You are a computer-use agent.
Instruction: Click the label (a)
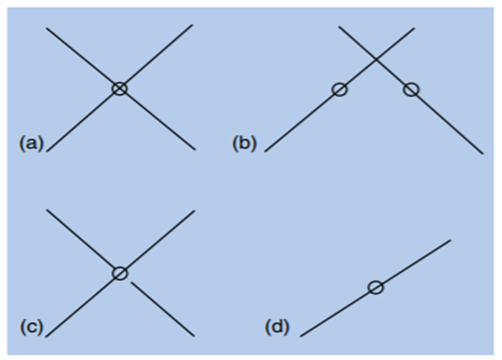click(x=31, y=142)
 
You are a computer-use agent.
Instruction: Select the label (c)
click(x=31, y=326)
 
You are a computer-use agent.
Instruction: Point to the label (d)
click(x=277, y=326)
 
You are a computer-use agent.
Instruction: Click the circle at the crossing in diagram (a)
click(x=119, y=88)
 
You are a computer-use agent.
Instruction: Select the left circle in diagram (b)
click(x=340, y=89)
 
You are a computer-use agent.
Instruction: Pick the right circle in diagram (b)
click(x=411, y=89)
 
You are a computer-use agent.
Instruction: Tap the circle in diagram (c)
click(x=120, y=273)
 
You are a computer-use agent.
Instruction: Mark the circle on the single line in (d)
click(x=376, y=287)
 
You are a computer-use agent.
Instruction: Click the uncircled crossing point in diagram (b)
click(x=375, y=59)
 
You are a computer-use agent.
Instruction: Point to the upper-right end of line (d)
click(x=451, y=240)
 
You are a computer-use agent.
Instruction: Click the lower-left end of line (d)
click(x=300, y=336)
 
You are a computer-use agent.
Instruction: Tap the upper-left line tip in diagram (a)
click(x=46, y=28)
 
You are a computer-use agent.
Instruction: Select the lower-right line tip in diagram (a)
click(x=195, y=150)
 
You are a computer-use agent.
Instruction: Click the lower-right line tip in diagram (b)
click(x=483, y=154)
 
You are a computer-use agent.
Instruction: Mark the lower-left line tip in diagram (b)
click(x=265, y=151)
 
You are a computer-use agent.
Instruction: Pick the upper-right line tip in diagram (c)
click(x=194, y=211)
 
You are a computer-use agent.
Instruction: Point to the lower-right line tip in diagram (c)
click(x=194, y=335)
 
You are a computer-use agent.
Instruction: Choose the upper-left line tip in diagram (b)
click(x=339, y=27)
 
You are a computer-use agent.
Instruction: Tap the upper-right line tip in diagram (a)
click(x=192, y=25)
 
